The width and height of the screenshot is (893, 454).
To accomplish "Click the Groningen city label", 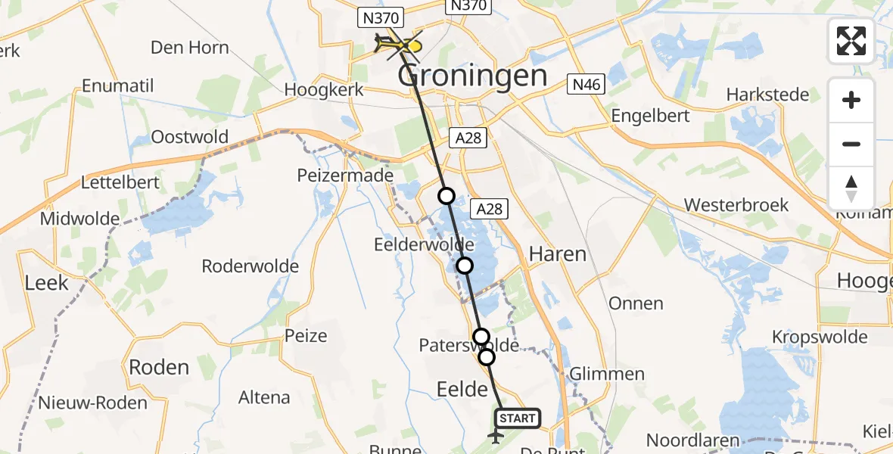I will tap(471, 76).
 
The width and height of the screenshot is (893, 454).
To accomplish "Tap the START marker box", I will tap(518, 418).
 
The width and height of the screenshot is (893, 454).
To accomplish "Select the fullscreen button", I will tap(851, 41).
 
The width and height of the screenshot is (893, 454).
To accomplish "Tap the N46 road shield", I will tap(587, 85).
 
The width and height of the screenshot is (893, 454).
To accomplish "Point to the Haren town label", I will tap(558, 253).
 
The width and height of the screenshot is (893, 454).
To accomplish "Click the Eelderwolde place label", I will tap(424, 245).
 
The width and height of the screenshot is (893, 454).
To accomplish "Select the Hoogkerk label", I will tap(324, 89).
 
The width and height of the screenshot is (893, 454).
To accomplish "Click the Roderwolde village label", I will tap(250, 266).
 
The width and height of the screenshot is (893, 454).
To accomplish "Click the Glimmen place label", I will tap(607, 374).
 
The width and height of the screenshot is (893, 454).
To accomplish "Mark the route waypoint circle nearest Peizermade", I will tap(446, 197).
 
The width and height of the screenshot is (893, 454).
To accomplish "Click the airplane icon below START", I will tap(496, 437).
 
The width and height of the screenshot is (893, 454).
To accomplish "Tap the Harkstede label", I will tap(767, 95).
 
